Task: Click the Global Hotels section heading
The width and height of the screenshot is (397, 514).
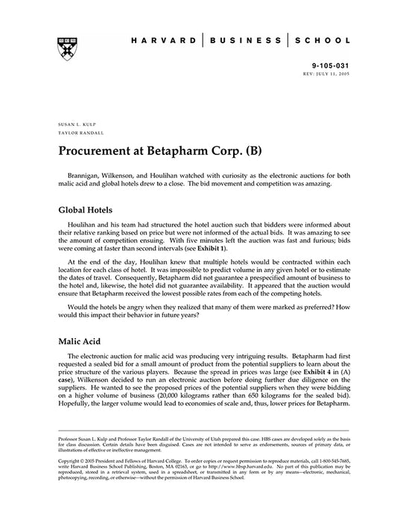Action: [88, 211]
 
